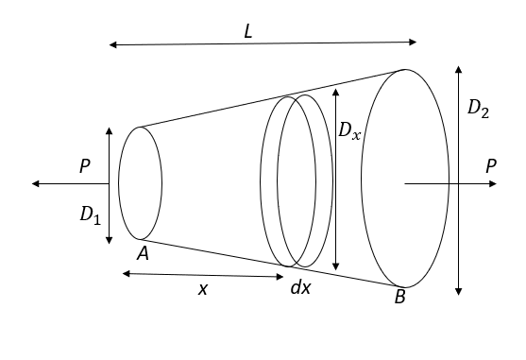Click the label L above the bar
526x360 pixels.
247,31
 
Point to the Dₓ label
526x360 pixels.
349,130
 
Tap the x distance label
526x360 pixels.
202,289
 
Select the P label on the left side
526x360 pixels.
85,166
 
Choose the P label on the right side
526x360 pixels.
491,165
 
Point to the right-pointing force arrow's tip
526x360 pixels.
498,183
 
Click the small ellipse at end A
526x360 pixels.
141,182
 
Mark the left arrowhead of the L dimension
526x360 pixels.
110,44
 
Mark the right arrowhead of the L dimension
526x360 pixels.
416,42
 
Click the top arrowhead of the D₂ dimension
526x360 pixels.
458,67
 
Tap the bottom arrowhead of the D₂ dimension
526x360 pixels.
458,295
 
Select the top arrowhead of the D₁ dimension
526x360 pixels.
110,129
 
